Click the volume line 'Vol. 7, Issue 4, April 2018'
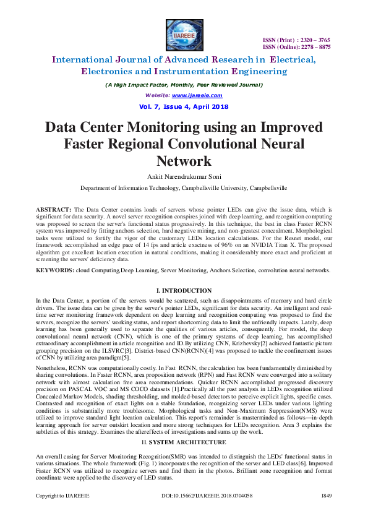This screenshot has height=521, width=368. click(184, 106)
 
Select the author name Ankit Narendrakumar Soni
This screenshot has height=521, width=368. click(184, 176)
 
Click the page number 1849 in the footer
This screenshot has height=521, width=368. click(326, 513)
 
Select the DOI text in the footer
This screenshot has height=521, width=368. click(197, 513)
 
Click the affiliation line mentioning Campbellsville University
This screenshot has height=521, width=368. click(184, 187)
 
